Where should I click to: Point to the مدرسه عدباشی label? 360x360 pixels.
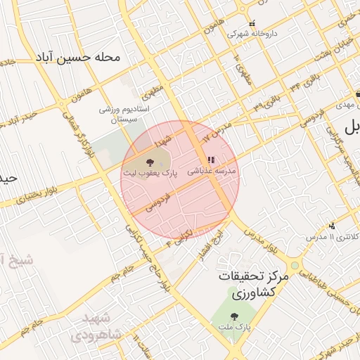click(212, 171)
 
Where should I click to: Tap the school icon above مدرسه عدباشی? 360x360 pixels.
click(212, 160)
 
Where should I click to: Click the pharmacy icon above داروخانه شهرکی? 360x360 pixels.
click(252, 24)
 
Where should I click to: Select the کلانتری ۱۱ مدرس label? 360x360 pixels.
click(333, 237)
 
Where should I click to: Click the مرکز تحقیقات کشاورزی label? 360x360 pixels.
click(253, 284)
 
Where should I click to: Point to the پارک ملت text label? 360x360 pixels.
click(233, 327)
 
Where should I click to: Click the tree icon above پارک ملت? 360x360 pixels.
click(233, 316)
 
